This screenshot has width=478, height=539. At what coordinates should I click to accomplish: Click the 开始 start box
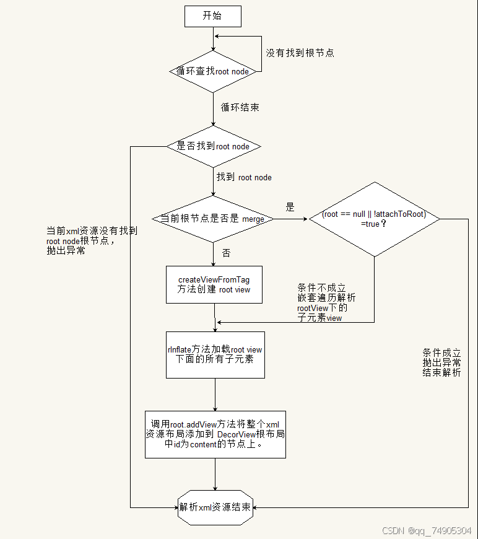point(212,17)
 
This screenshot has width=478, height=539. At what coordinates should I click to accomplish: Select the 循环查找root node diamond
point(213,71)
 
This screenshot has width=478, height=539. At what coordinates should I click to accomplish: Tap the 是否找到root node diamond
point(213,146)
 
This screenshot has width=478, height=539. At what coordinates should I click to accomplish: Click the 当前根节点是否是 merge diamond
point(213,219)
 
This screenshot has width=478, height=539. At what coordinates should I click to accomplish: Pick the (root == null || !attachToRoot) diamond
point(374,219)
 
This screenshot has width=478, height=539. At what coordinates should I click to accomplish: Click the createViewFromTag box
point(215,284)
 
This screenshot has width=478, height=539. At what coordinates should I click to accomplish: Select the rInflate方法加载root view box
point(215,354)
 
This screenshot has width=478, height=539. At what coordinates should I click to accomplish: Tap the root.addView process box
point(215,434)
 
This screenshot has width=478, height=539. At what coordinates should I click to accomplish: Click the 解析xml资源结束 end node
point(215,507)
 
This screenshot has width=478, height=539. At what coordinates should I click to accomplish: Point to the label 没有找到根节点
point(300,53)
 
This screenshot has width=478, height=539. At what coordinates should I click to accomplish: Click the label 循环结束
point(240,107)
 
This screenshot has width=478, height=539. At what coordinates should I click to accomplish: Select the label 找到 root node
point(244,177)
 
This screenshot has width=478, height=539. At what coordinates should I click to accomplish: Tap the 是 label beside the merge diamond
point(290,206)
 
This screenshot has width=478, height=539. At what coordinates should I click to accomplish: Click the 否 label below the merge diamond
point(226,253)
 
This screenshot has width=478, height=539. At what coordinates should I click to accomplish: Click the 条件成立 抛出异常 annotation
point(441,362)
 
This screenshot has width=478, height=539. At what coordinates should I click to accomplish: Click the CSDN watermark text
point(427,531)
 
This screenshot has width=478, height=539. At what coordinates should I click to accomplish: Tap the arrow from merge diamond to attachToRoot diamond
point(291,219)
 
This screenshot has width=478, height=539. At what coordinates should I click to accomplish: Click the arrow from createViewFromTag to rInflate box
point(215,317)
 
